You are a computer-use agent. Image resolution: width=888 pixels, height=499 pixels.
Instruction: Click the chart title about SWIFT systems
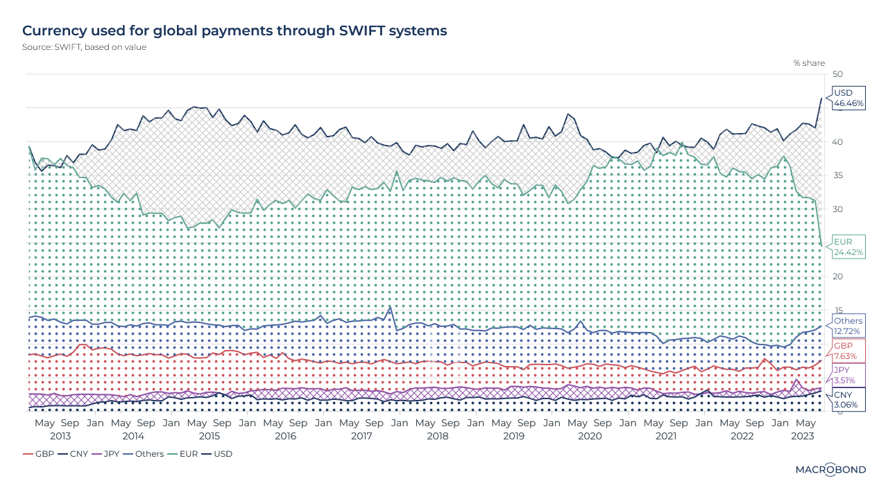pyautogui.click(x=234, y=31)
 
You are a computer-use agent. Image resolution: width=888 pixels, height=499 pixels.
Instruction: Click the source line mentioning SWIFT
pyautogui.click(x=84, y=47)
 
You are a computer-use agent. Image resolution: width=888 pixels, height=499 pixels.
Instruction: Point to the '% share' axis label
pyautogui.click(x=809, y=63)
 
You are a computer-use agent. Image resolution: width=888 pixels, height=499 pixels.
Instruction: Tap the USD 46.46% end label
pyautogui.click(x=848, y=98)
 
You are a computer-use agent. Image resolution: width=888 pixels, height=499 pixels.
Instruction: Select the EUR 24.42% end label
pyautogui.click(x=848, y=247)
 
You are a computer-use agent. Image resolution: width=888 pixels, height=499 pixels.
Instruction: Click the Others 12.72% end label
pyautogui.click(x=848, y=326)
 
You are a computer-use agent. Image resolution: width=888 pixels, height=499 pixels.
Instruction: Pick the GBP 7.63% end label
pyautogui.click(x=845, y=351)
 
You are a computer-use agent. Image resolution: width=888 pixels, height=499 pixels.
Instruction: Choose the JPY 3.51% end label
pyautogui.click(x=844, y=376)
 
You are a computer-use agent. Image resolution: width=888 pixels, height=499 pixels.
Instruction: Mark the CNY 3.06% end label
pyautogui.click(x=845, y=399)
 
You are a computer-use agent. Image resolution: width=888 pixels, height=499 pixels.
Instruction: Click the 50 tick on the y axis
pyautogui.click(x=837, y=75)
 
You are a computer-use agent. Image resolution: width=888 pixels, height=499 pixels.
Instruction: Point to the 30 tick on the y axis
pyautogui.click(x=837, y=209)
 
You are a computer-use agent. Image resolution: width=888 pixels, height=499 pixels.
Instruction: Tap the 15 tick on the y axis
pyautogui.click(x=837, y=310)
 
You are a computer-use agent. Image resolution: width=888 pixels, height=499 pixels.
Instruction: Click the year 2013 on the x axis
pyautogui.click(x=60, y=436)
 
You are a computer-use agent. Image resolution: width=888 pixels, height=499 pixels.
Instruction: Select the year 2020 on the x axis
pyautogui.click(x=590, y=436)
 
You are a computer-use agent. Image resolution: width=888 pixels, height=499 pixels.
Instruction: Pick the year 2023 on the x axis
pyautogui.click(x=803, y=436)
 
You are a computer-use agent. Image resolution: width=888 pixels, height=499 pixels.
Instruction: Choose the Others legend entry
pyautogui.click(x=144, y=454)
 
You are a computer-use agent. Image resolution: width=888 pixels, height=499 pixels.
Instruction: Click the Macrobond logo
pyautogui.click(x=830, y=469)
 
